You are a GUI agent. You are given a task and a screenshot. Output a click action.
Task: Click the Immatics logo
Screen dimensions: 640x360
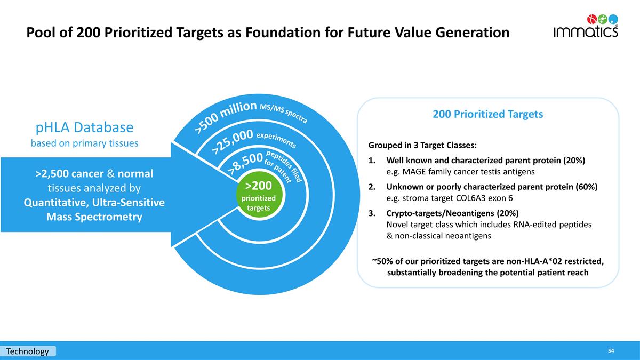coord(586,26)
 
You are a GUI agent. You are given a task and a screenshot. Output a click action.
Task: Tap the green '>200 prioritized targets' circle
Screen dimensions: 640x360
coord(259,195)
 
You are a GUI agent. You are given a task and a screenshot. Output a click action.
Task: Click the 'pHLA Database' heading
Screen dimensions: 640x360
coord(85,127)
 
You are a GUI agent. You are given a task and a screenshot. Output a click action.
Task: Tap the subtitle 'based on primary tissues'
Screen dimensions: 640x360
coord(85,143)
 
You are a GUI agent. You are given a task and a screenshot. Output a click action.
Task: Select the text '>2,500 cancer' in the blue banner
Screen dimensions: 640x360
coord(69,174)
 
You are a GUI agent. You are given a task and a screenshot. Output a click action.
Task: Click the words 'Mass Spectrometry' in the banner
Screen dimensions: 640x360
coord(94,217)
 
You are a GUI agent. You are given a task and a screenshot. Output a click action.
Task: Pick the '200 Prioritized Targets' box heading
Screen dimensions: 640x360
coord(487,114)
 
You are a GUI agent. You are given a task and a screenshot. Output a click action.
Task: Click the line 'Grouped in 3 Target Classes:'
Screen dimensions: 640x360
coord(422,146)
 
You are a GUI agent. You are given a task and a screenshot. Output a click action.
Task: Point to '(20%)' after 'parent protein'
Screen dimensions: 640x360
coord(574,161)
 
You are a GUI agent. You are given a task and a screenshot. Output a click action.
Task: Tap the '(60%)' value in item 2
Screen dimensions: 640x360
coord(586,187)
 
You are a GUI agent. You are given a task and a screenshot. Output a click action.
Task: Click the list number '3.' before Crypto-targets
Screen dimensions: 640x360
coord(372,213)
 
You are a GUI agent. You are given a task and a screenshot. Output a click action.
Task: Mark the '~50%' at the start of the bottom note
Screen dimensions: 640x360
coord(383,261)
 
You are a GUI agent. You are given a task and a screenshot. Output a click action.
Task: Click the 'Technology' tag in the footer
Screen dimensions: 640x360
coord(28,351)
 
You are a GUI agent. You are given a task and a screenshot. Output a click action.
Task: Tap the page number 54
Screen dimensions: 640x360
coord(611,351)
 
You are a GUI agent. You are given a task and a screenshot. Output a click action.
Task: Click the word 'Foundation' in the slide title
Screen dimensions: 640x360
coord(283,33)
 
